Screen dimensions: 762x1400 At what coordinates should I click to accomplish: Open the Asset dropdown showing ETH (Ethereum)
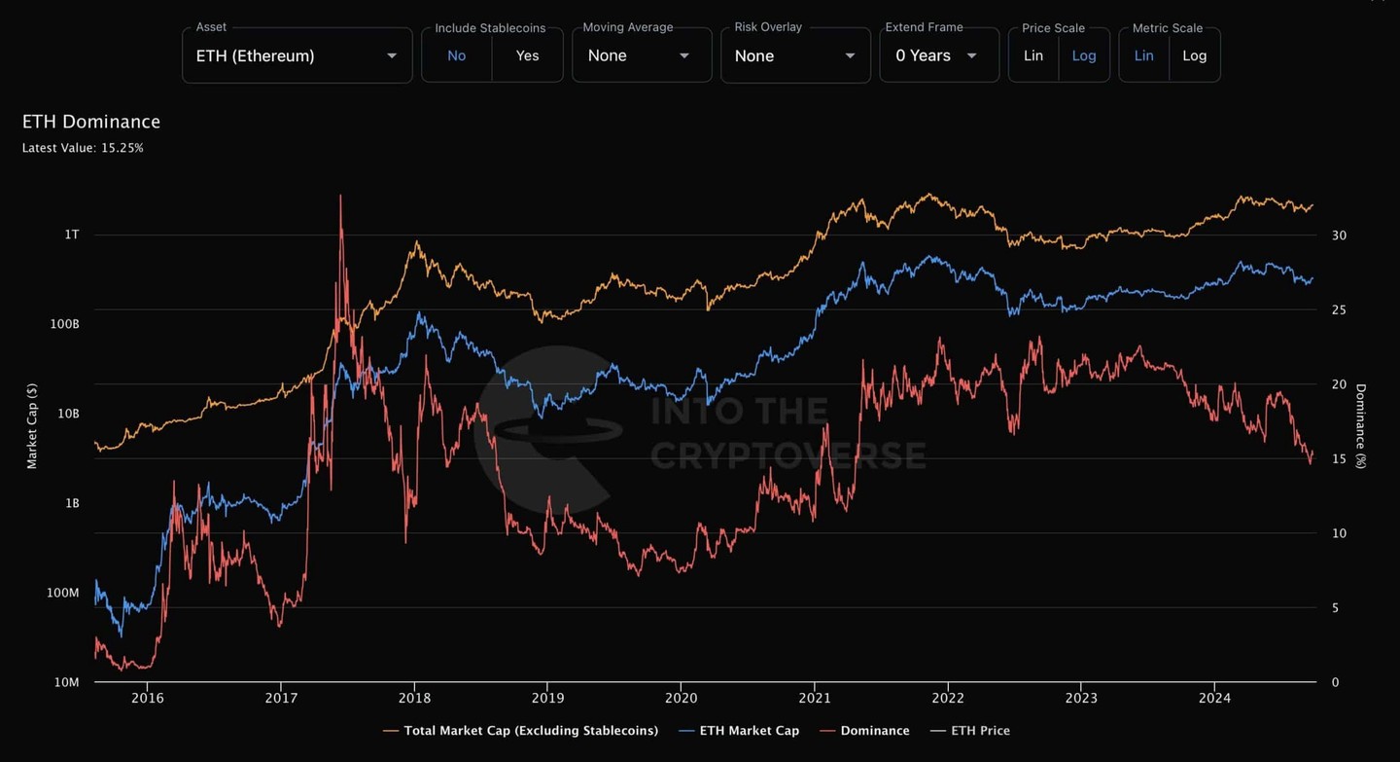(x=297, y=55)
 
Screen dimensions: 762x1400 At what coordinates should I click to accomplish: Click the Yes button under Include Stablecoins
(x=527, y=55)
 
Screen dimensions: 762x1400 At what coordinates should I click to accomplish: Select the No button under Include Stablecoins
(x=456, y=55)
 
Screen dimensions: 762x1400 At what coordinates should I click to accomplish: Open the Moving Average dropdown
(x=641, y=55)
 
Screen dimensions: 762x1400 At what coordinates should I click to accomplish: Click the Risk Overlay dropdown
(x=794, y=55)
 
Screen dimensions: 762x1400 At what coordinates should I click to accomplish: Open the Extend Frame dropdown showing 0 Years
(x=938, y=55)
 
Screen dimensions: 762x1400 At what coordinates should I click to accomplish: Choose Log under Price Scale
(x=1083, y=55)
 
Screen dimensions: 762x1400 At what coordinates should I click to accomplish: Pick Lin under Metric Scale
(x=1143, y=55)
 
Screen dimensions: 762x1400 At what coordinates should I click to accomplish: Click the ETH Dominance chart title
(x=91, y=122)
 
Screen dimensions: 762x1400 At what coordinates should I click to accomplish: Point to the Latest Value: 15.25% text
(x=83, y=148)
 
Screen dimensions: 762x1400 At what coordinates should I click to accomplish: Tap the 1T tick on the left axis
(x=72, y=235)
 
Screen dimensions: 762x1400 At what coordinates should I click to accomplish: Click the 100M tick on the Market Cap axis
(x=63, y=593)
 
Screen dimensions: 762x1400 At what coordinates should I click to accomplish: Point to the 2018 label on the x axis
(x=414, y=698)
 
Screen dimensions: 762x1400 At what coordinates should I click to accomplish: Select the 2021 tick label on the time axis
(x=814, y=698)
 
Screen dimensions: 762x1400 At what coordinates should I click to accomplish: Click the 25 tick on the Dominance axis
(x=1339, y=309)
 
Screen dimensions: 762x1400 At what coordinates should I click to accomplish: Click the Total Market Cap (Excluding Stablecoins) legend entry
(x=530, y=731)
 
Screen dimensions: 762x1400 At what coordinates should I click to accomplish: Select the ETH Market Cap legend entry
(x=749, y=731)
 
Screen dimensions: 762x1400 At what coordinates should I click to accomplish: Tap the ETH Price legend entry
(x=980, y=731)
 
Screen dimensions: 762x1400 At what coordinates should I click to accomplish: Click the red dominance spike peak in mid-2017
(x=340, y=197)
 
